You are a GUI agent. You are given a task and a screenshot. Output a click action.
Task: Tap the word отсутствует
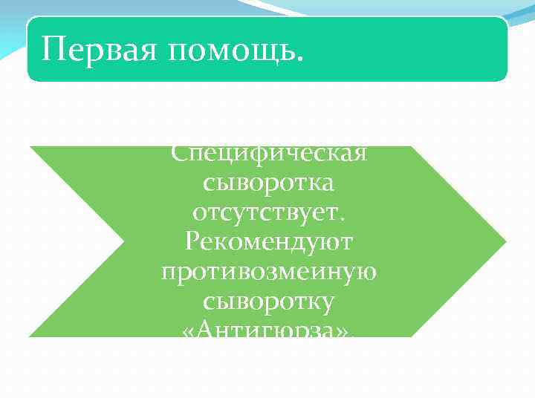(x=265, y=212)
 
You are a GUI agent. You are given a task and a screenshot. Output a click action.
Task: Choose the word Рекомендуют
(x=269, y=242)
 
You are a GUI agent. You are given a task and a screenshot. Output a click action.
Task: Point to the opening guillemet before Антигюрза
(x=187, y=332)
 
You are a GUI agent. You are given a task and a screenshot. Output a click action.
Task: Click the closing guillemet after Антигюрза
(x=346, y=332)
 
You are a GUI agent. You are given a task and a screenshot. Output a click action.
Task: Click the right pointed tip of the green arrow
(x=505, y=241)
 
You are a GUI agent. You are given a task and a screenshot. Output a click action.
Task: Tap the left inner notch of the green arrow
(x=123, y=241)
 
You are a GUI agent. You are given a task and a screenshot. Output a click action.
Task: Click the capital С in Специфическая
(x=179, y=153)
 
